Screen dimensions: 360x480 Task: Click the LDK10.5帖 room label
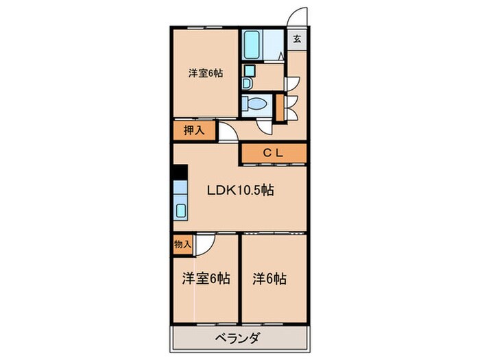tap(241, 191)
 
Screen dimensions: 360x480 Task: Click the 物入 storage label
tap(182, 243)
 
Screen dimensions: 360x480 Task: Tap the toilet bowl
tap(256, 104)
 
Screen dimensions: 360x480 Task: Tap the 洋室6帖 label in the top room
tap(205, 74)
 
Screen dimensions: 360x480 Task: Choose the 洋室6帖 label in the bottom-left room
tap(205, 279)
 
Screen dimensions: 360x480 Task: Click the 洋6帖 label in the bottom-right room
tap(269, 279)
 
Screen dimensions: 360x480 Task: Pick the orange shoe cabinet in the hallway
tap(278, 107)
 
